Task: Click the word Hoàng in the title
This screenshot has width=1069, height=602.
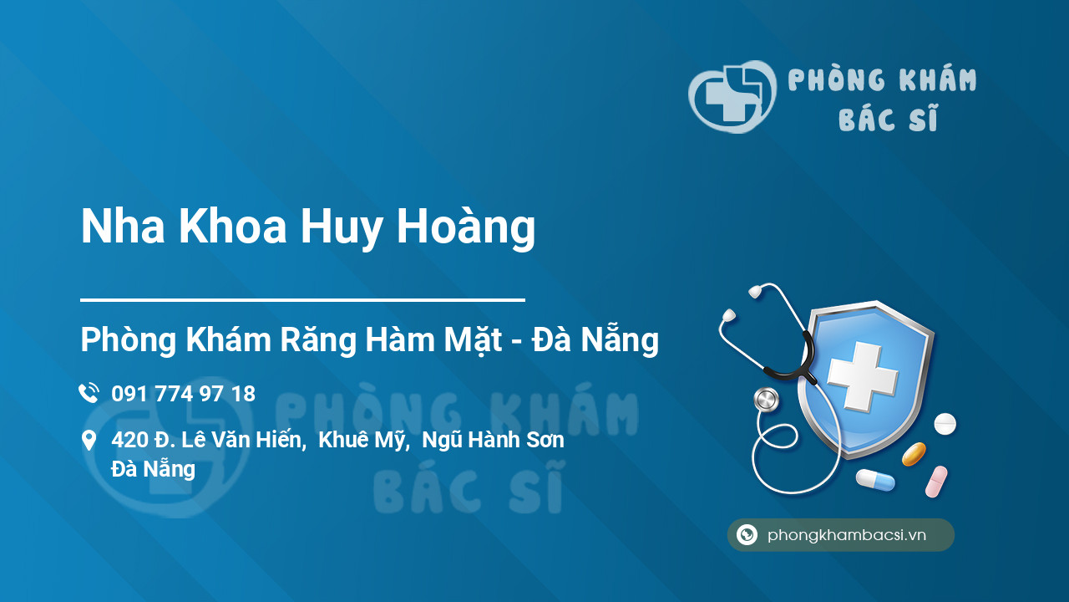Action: pyautogui.click(x=465, y=227)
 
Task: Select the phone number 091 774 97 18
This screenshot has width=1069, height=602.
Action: pyautogui.click(x=183, y=394)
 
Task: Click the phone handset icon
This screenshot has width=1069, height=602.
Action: pyautogui.click(x=89, y=393)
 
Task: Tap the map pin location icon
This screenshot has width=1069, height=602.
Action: pyautogui.click(x=89, y=441)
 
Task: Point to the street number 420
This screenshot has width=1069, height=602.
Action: pyautogui.click(x=129, y=440)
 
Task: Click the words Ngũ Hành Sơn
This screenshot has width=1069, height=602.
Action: pyautogui.click(x=493, y=440)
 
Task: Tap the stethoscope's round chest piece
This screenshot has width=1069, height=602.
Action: pyautogui.click(x=765, y=400)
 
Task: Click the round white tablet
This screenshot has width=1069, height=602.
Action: pyautogui.click(x=945, y=424)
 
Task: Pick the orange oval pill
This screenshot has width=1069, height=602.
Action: pyautogui.click(x=914, y=454)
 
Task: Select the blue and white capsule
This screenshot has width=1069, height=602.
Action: pyautogui.click(x=874, y=480)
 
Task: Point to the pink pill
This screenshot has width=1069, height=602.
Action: pyautogui.click(x=936, y=482)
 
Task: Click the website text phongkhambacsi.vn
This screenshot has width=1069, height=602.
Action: pyautogui.click(x=847, y=535)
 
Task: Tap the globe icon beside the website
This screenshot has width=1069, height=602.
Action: pyautogui.click(x=747, y=535)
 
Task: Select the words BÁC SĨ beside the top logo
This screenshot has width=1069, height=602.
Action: pyautogui.click(x=888, y=120)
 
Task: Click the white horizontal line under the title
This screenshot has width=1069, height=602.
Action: pyautogui.click(x=302, y=299)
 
